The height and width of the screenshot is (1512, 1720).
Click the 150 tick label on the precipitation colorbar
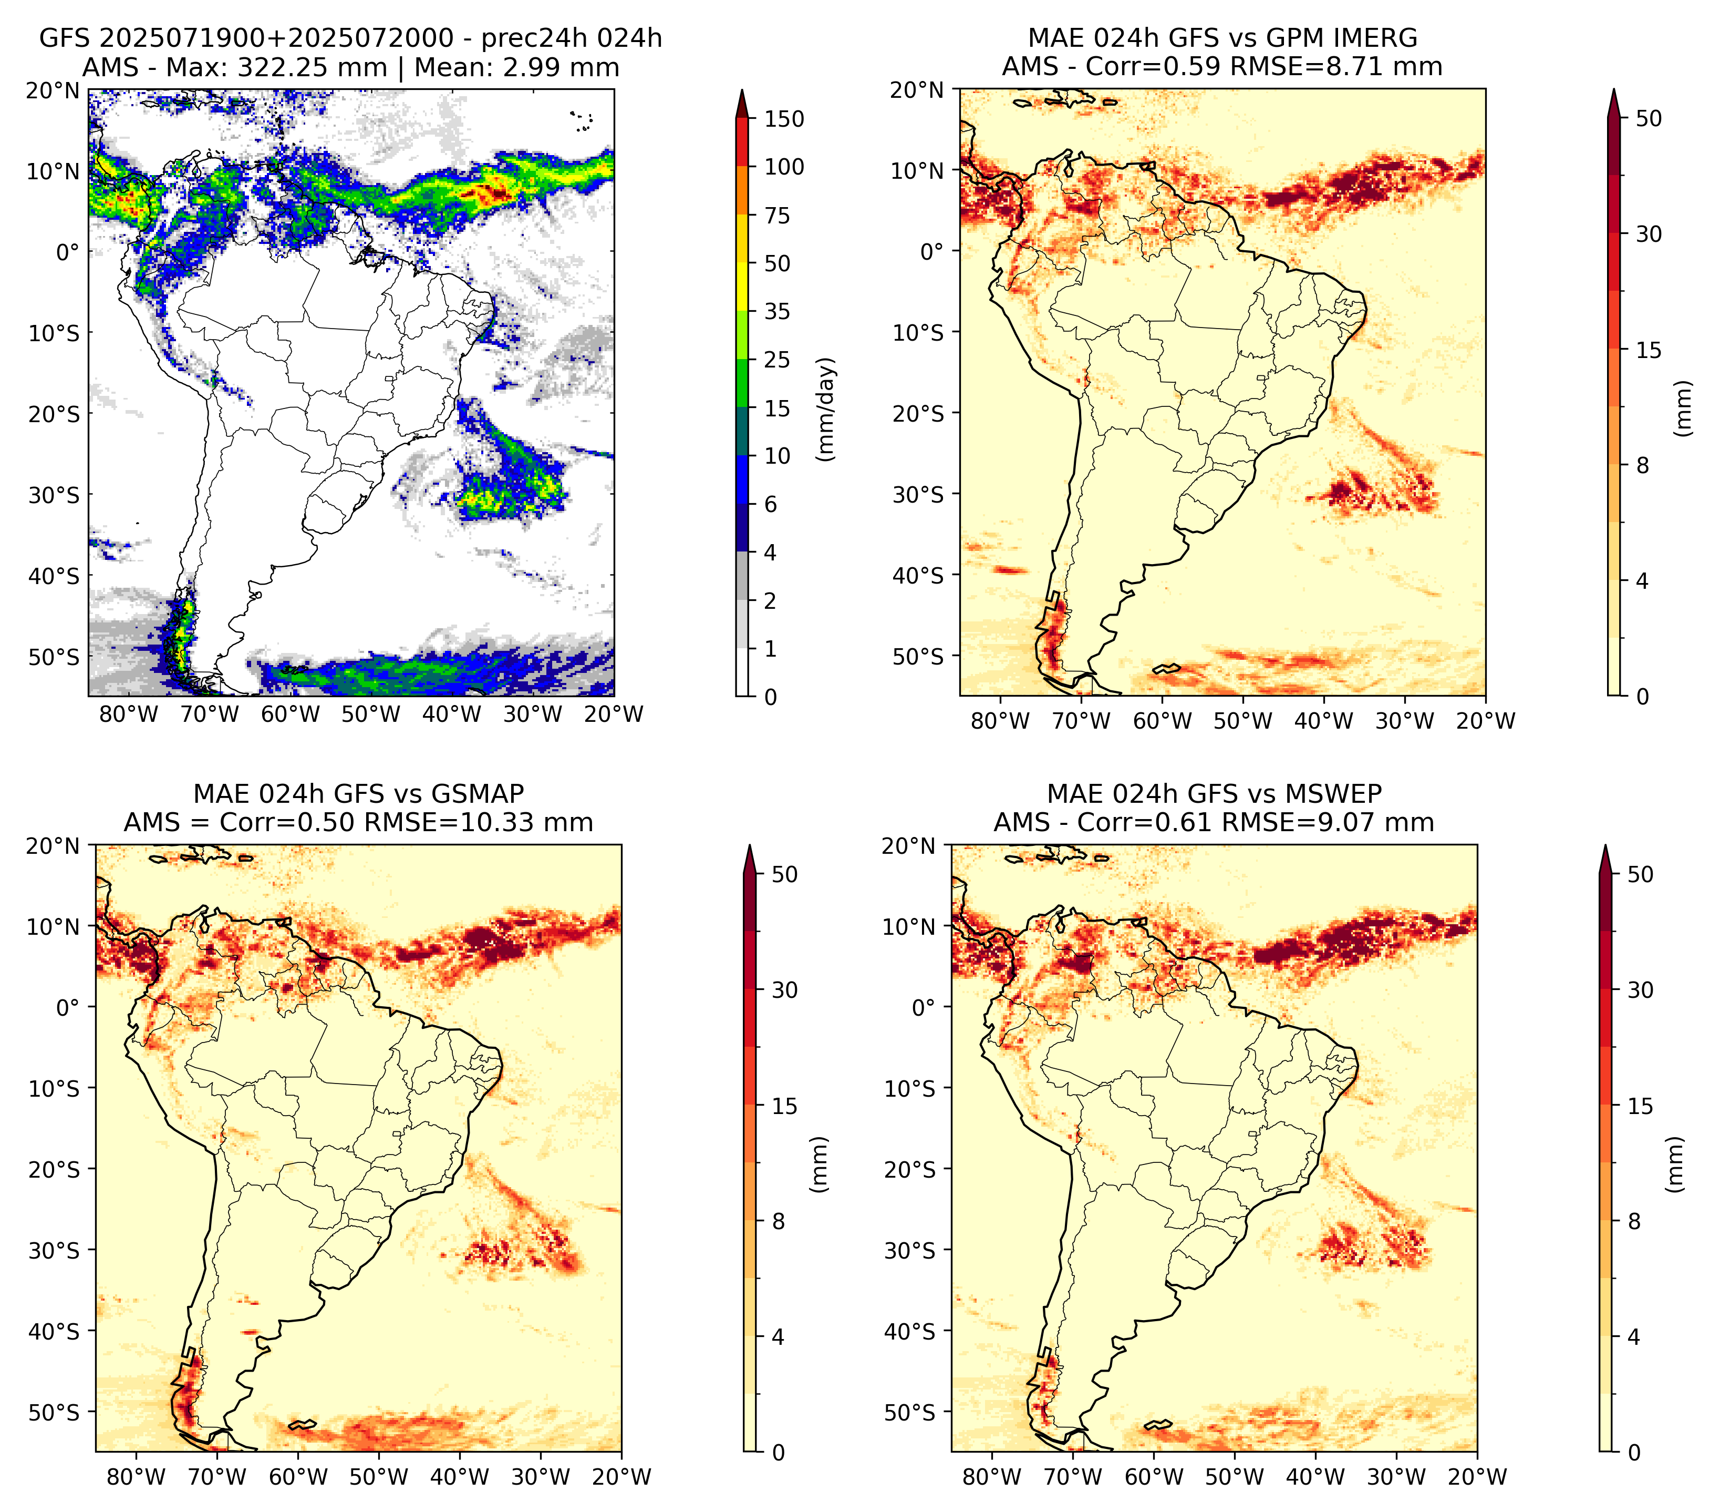[x=783, y=119]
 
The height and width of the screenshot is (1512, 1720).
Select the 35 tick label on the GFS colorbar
[x=776, y=311]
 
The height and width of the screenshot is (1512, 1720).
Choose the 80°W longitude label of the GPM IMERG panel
[x=1000, y=721]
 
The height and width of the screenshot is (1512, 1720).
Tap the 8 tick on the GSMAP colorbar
[x=778, y=1222]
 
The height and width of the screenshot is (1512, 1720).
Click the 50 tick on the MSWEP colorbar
[x=1640, y=875]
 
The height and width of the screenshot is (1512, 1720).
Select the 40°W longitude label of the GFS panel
[x=452, y=714]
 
